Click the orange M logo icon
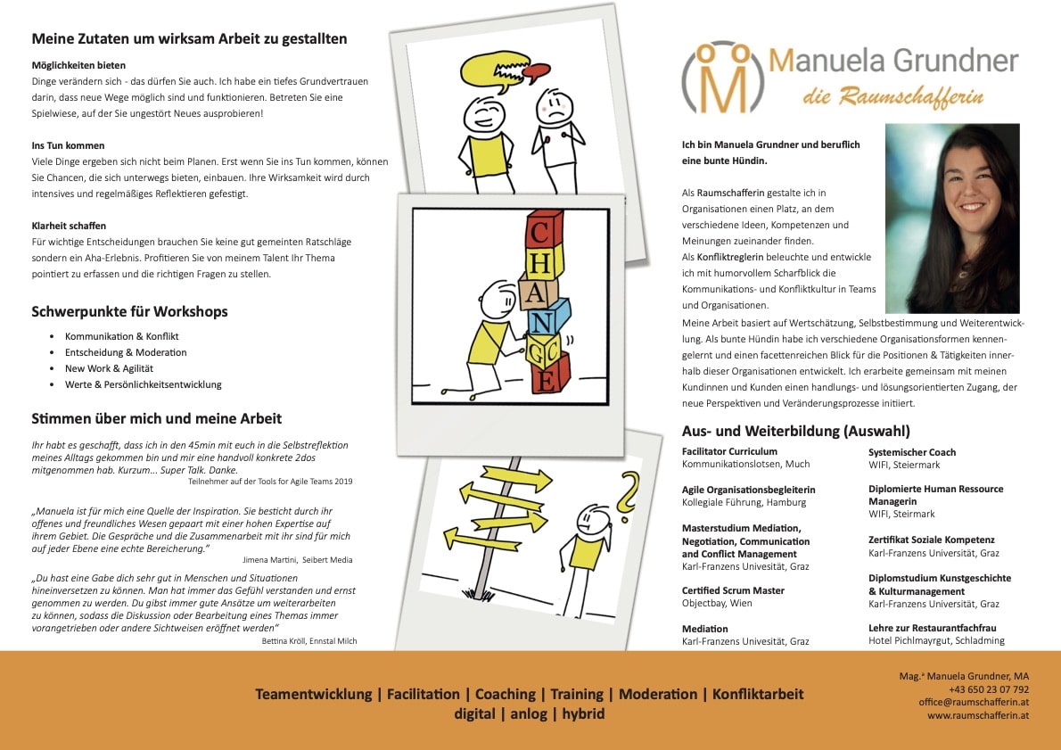pyautogui.click(x=722, y=77)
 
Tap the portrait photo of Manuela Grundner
pyautogui.click(x=951, y=218)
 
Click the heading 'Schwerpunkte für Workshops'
pyautogui.click(x=129, y=312)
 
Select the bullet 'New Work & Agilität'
pyautogui.click(x=109, y=368)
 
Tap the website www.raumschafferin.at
pyautogui.click(x=977, y=715)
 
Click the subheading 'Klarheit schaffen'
pyautogui.click(x=69, y=226)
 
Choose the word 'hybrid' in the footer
pyautogui.click(x=583, y=713)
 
